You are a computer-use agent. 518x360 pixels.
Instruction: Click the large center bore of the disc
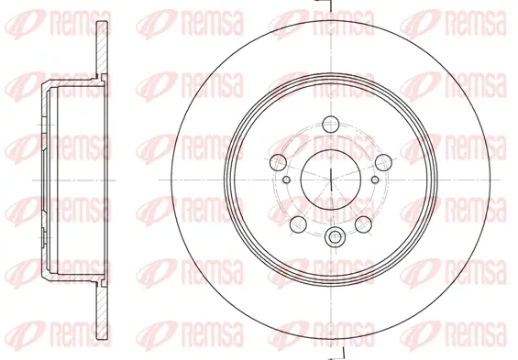coord(328,175)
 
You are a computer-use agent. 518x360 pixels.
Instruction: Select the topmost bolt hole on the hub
coord(334,125)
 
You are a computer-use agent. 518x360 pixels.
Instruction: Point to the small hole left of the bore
coord(287,179)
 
